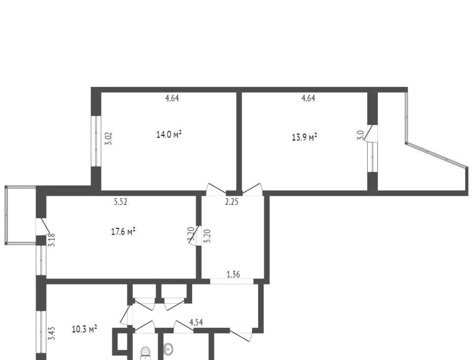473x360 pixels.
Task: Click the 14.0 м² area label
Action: point(169,134)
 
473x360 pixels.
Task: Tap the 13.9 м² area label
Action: point(304,137)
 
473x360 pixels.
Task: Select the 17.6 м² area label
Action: point(123,232)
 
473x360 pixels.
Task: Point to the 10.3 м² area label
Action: point(84,328)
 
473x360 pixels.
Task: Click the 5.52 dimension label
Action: point(120,202)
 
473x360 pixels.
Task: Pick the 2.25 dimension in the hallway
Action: point(232,202)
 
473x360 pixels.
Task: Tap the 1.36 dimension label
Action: point(233,275)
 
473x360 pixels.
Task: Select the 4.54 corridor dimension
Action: point(196,322)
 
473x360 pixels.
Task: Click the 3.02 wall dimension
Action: point(108,138)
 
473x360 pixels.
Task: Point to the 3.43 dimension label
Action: point(52,333)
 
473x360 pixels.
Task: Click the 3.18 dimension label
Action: point(52,240)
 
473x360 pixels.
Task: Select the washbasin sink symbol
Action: point(169,350)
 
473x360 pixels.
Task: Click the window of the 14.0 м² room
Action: point(96,141)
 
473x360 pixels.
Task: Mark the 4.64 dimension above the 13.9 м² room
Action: point(308,98)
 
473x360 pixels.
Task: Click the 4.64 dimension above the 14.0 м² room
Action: point(172,98)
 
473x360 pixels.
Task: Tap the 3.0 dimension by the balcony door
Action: point(360,135)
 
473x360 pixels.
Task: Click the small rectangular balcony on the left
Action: point(21,215)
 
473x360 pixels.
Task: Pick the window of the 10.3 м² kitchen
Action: point(41,332)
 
